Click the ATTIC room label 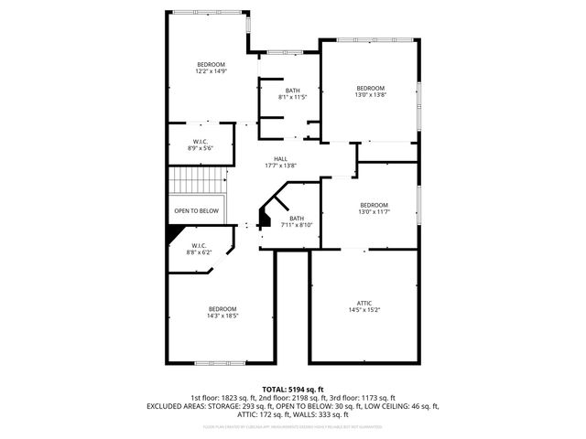(x=364, y=303)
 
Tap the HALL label (x=267, y=158)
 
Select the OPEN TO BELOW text (x=197, y=210)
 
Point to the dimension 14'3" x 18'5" (x=222, y=316)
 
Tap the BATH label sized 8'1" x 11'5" (x=292, y=90)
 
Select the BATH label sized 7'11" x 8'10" (x=297, y=218)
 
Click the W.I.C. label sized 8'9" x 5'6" (x=200, y=141)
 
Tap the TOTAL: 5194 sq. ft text (x=293, y=389)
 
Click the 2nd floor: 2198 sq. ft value (x=294, y=398)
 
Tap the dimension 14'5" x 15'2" (x=364, y=311)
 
